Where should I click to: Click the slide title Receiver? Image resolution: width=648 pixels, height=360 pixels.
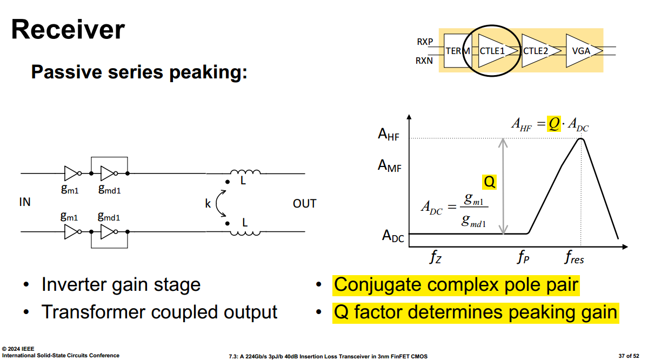click(x=68, y=29)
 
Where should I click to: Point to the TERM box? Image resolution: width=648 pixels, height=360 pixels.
click(x=457, y=51)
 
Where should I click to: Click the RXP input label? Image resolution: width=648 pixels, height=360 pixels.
click(x=425, y=42)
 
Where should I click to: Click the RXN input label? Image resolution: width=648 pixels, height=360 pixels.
click(x=424, y=61)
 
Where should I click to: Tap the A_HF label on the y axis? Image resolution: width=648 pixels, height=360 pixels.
click(x=389, y=135)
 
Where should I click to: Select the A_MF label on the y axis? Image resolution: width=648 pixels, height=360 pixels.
click(x=389, y=166)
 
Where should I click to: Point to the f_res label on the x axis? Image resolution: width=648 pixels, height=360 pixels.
click(x=574, y=257)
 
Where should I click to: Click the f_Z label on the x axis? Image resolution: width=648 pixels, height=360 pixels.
click(x=435, y=257)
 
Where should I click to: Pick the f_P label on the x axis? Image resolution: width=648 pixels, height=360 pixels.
click(x=523, y=257)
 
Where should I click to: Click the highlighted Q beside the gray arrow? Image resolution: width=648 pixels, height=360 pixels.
click(x=489, y=182)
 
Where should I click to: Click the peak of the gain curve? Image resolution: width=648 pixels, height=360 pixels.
click(x=581, y=139)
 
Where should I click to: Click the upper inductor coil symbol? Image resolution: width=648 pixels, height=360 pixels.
click(x=245, y=171)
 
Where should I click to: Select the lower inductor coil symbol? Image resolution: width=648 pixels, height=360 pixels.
click(x=245, y=234)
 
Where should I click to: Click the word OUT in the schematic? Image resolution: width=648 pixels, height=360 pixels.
click(x=305, y=204)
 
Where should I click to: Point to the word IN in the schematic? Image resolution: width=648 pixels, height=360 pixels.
click(x=25, y=202)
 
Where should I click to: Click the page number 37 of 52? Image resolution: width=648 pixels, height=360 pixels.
click(x=629, y=356)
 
